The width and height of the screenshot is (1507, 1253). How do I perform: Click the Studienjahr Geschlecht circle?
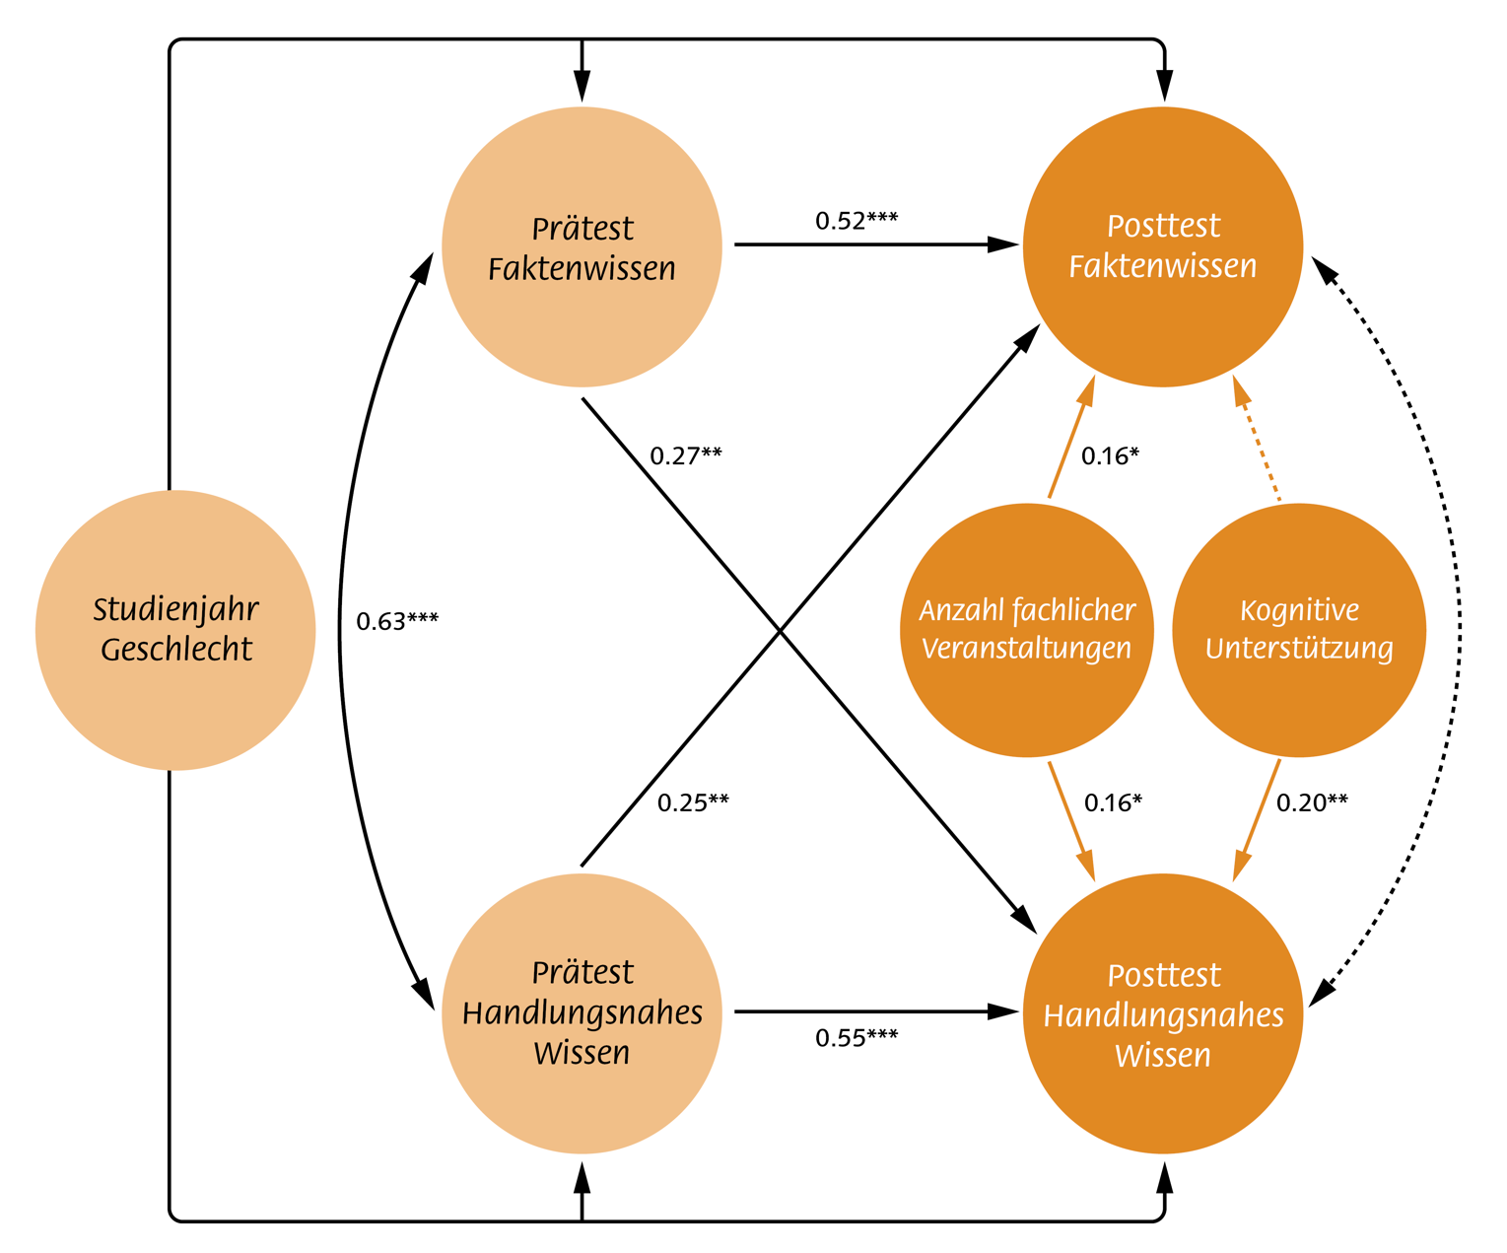(175, 630)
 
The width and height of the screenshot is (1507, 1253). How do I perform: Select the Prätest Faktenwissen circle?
(582, 246)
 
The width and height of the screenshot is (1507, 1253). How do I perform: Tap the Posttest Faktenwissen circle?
(1163, 246)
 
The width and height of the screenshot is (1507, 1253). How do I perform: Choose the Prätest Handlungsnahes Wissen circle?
(582, 1012)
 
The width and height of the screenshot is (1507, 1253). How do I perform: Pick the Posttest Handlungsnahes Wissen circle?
(1163, 1012)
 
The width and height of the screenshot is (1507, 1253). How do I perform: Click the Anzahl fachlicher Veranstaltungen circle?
(1027, 630)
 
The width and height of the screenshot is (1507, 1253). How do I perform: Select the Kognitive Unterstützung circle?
(1299, 630)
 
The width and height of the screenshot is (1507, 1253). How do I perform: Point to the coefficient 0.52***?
(856, 220)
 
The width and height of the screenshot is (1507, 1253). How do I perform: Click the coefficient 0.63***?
(397, 621)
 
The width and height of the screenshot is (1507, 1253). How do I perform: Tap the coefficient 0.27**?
(686, 455)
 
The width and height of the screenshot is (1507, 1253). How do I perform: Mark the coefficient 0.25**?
(693, 802)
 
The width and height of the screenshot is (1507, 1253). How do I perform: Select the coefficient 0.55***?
(856, 1037)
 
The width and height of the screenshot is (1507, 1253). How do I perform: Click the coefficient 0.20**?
(1312, 802)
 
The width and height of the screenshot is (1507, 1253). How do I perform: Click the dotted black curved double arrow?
(1449, 631)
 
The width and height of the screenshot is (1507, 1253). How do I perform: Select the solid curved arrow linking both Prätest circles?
(341, 631)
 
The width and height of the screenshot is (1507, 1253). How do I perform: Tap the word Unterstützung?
(1299, 649)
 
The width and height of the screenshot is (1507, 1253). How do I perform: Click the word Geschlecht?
(176, 649)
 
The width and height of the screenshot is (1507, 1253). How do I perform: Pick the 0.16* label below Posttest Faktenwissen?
(1110, 455)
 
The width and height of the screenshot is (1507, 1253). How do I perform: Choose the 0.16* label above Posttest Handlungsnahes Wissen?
(1113, 802)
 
